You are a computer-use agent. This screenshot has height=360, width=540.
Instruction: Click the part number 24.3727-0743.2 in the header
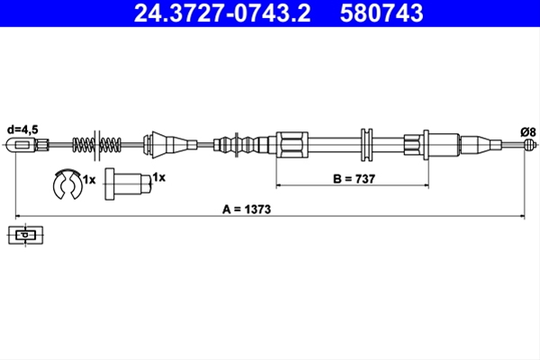tap(222, 13)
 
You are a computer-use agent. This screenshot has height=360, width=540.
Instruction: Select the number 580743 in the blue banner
tap(382, 13)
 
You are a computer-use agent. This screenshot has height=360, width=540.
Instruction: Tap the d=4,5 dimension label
tap(22, 130)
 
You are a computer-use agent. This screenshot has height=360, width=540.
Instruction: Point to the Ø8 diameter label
tap(528, 132)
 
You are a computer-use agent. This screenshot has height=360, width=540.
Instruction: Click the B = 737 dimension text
tap(354, 179)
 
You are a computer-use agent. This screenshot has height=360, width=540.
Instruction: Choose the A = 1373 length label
tap(247, 209)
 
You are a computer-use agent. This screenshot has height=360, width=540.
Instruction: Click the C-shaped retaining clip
tap(67, 184)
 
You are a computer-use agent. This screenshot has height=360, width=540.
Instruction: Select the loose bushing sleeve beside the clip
tap(128, 184)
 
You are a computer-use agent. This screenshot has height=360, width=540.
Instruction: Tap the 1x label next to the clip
tap(89, 179)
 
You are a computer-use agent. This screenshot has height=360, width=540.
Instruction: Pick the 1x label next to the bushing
tap(158, 177)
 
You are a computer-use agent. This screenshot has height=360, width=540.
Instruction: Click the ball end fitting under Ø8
tap(528, 144)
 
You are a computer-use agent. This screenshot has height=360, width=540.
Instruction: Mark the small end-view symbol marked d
tap(25, 235)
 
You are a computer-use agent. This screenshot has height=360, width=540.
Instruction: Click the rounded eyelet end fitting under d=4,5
tap(21, 144)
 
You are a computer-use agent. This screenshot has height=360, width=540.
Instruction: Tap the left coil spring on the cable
tap(83, 145)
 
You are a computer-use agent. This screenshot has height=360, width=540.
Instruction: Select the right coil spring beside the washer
tap(110, 145)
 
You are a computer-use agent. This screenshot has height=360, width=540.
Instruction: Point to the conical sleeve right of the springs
tap(170, 144)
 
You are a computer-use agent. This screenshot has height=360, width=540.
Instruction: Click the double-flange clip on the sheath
tap(366, 145)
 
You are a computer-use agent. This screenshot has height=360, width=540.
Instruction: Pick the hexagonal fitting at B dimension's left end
tap(292, 144)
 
